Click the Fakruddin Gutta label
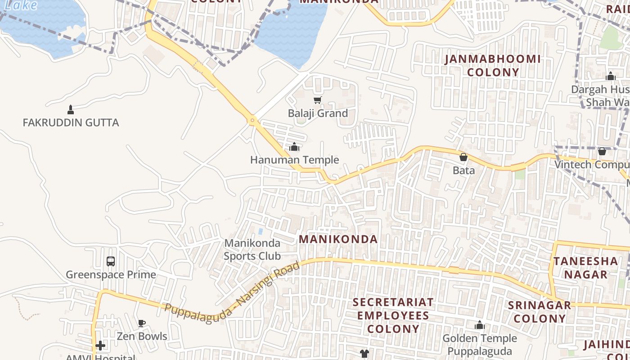71,122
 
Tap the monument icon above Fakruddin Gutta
70,109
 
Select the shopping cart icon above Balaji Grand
318,100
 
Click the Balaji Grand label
318,113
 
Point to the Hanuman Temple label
294,160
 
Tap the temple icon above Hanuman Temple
294,147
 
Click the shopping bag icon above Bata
463,157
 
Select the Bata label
463,170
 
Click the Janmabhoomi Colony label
493,66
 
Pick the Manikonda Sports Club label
252,250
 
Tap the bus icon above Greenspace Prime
111,261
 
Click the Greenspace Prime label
111,274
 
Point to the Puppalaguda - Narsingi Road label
232,290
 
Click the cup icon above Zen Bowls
142,323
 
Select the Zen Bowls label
142,336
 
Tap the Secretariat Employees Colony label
393,315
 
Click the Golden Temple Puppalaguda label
480,345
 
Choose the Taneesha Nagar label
585,268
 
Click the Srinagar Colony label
540,312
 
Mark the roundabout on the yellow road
252,120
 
